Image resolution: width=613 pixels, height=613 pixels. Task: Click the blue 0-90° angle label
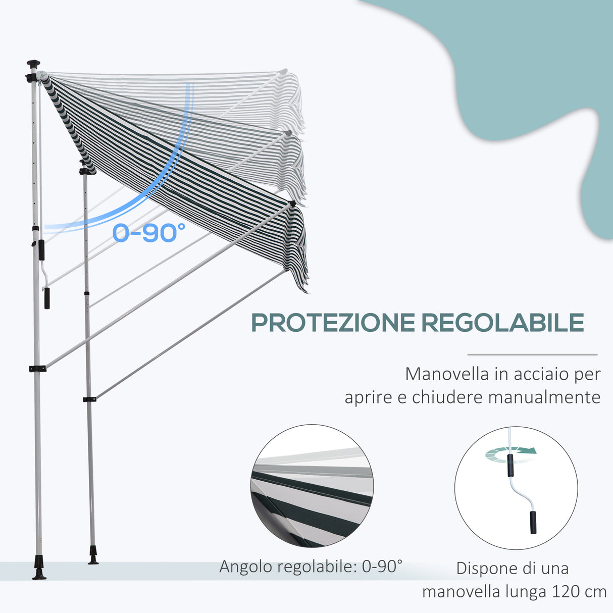click(148, 232)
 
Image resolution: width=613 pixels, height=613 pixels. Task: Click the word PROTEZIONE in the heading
click(333, 323)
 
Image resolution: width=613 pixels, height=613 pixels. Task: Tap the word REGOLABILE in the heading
click(502, 323)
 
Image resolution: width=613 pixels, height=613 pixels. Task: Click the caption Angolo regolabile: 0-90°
click(311, 567)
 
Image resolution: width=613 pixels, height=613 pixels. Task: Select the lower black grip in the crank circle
click(533, 522)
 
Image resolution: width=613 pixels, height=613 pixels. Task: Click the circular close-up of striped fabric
click(312, 486)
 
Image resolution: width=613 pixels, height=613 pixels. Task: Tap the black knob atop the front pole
click(34, 64)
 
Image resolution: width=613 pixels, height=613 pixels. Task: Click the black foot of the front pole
click(39, 568)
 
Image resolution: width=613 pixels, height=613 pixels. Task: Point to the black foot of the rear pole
click(93, 555)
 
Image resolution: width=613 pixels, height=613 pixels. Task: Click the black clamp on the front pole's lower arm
click(37, 369)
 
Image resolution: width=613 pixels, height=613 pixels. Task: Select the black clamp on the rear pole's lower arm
click(89, 399)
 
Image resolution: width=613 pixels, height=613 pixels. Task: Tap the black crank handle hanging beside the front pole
click(46, 298)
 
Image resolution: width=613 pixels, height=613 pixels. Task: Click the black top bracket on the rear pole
click(87, 171)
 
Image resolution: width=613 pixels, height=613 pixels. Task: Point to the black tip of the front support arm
click(292, 203)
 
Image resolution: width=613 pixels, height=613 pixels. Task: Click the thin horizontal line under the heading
click(532, 354)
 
